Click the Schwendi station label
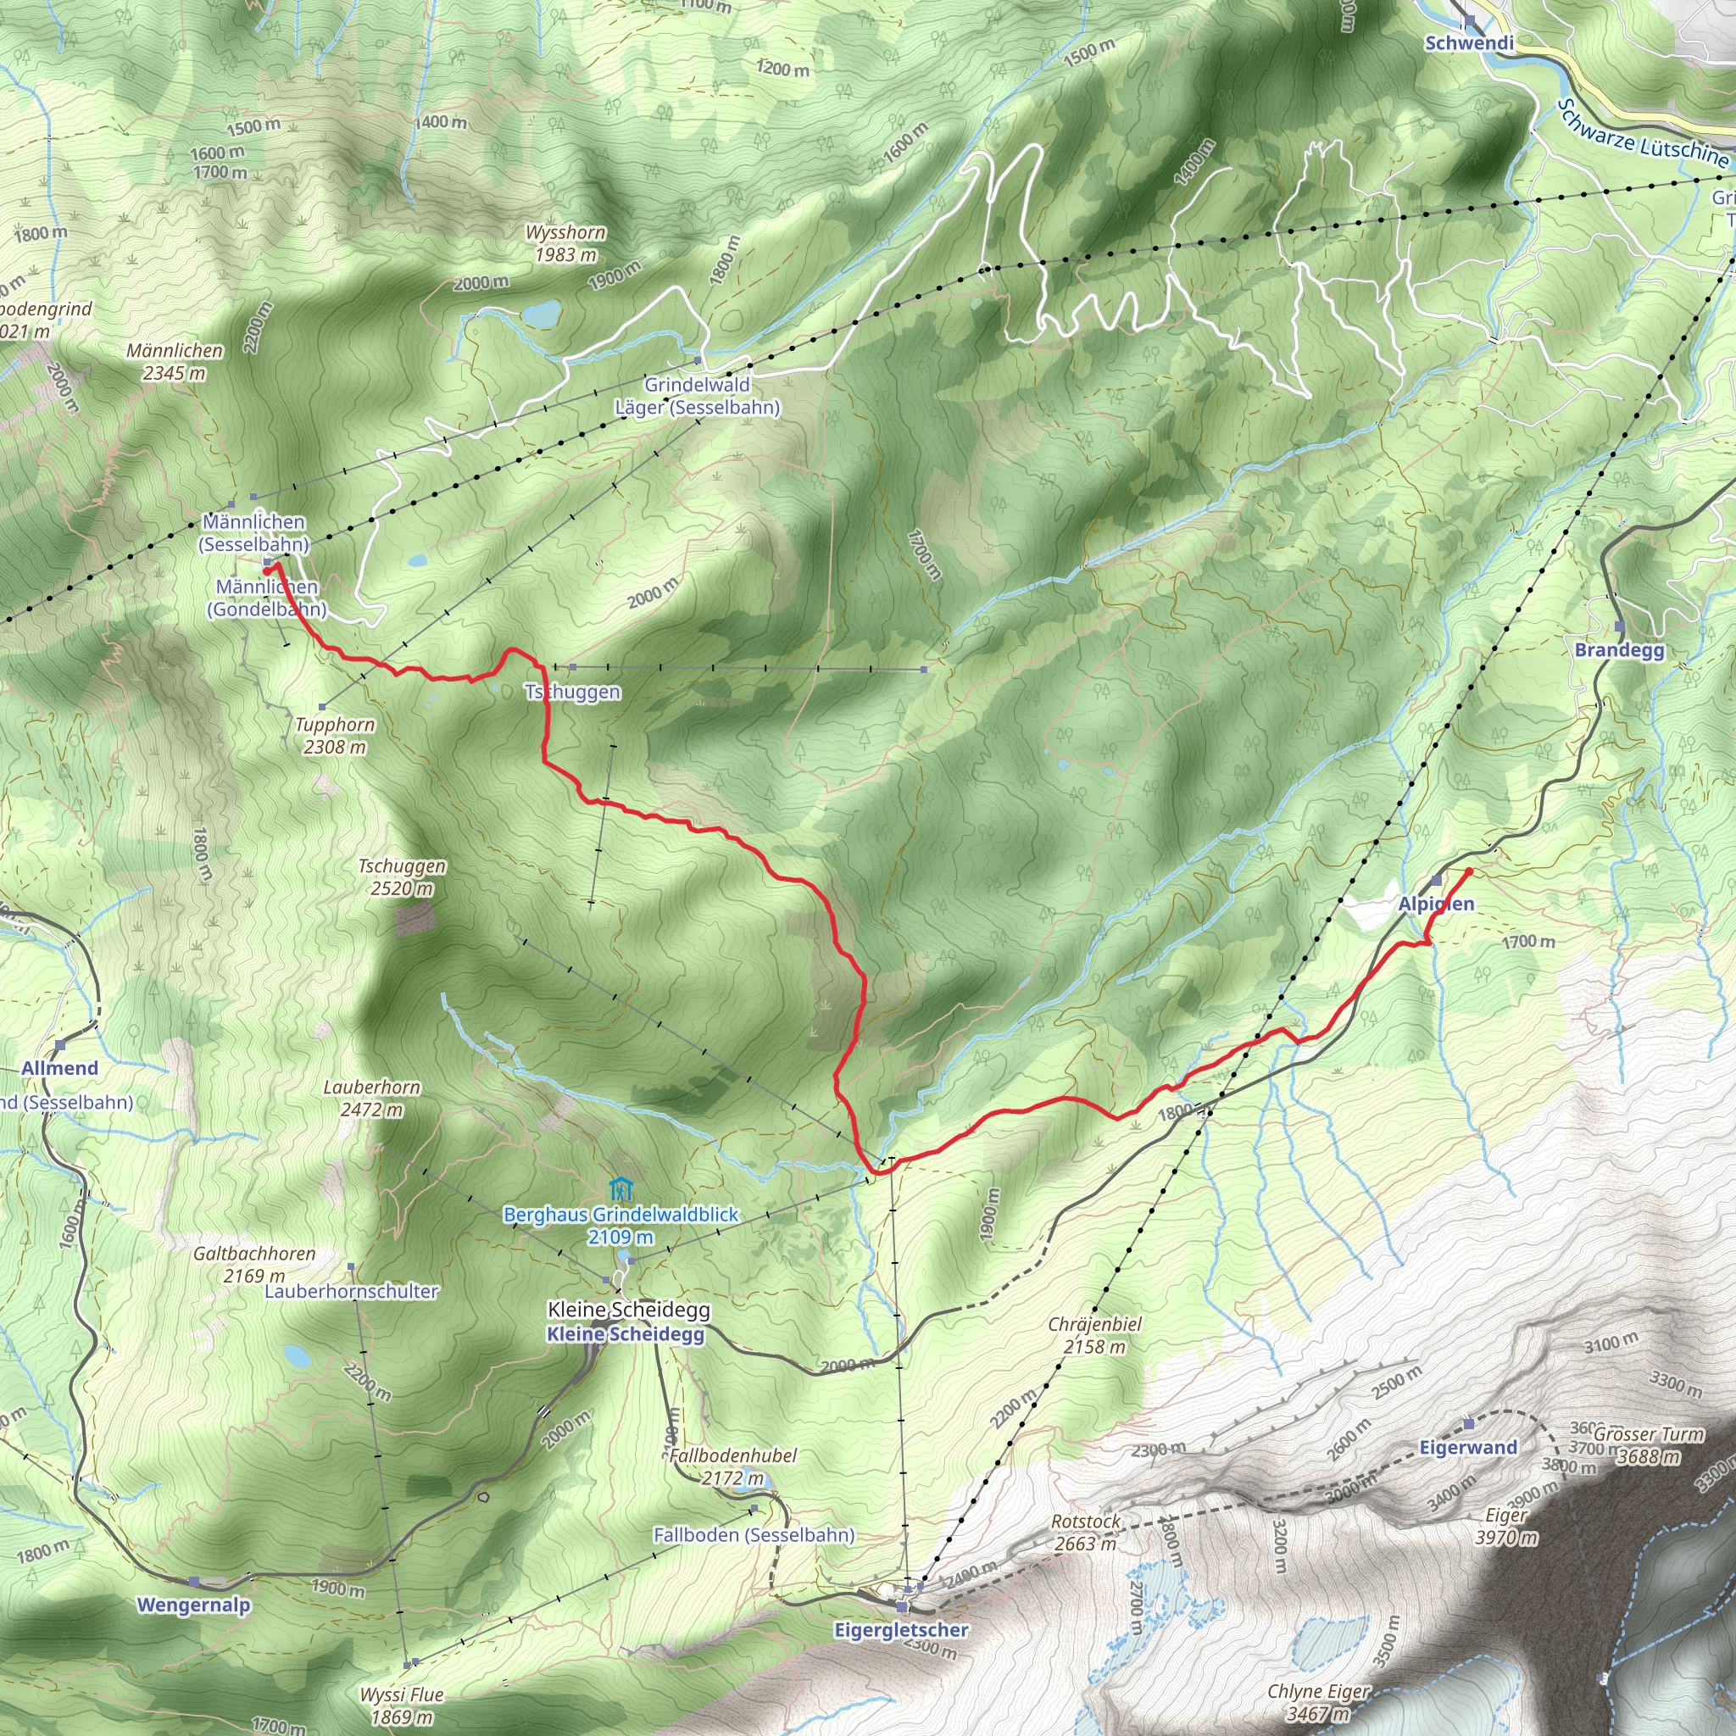[1469, 43]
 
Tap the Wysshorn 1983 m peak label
[565, 243]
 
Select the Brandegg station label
[1619, 649]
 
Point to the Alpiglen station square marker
[1436, 881]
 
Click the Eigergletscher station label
[901, 1630]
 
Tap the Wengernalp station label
[193, 1605]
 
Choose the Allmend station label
[59, 1067]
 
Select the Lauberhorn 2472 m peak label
[372, 1098]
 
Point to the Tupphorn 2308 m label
[335, 735]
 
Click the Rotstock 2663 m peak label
[1086, 1532]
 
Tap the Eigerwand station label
[1468, 1447]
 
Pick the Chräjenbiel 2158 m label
[1094, 1335]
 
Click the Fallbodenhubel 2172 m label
[733, 1466]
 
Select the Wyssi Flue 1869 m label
[402, 1705]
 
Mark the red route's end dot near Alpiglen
[1469, 871]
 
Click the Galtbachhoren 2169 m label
[254, 1264]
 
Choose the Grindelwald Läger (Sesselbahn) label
[698, 395]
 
